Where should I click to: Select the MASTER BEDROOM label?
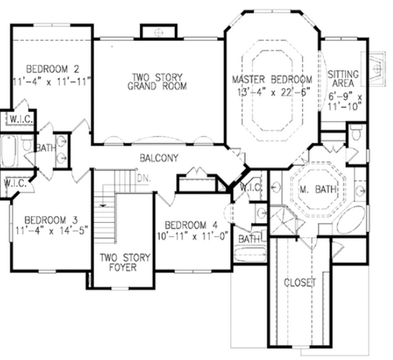click(x=271, y=79)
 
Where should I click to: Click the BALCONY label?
click(x=160, y=158)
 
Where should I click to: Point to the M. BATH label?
click(x=318, y=189)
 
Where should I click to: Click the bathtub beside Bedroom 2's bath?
click(x=10, y=151)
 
